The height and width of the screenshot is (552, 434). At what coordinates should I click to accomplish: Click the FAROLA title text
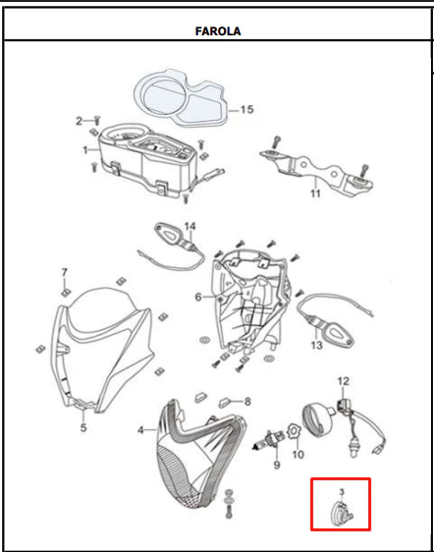218,31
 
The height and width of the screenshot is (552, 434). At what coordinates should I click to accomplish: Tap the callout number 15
246,109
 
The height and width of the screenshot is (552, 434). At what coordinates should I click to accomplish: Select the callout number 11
315,193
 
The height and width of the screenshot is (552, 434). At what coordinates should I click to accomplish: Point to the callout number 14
190,226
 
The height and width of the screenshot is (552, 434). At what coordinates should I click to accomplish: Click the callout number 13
316,345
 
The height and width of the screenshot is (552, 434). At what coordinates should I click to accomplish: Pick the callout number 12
344,381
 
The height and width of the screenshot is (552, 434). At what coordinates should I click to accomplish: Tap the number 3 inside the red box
342,492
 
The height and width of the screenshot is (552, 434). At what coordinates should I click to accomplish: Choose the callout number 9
277,465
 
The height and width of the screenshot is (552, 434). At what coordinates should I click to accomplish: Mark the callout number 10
298,455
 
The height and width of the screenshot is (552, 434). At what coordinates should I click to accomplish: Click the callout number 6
198,298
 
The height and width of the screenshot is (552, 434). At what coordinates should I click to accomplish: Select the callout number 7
65,272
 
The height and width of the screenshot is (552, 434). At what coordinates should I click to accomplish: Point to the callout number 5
83,427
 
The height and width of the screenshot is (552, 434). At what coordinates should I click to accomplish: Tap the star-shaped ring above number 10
293,432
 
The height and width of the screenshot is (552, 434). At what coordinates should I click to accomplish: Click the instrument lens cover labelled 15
182,95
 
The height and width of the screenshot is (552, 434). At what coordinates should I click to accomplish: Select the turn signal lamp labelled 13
337,334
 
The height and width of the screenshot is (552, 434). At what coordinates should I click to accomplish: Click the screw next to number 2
97,121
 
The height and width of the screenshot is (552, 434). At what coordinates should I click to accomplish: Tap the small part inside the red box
342,511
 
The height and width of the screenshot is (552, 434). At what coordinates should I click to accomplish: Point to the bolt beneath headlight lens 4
230,511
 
